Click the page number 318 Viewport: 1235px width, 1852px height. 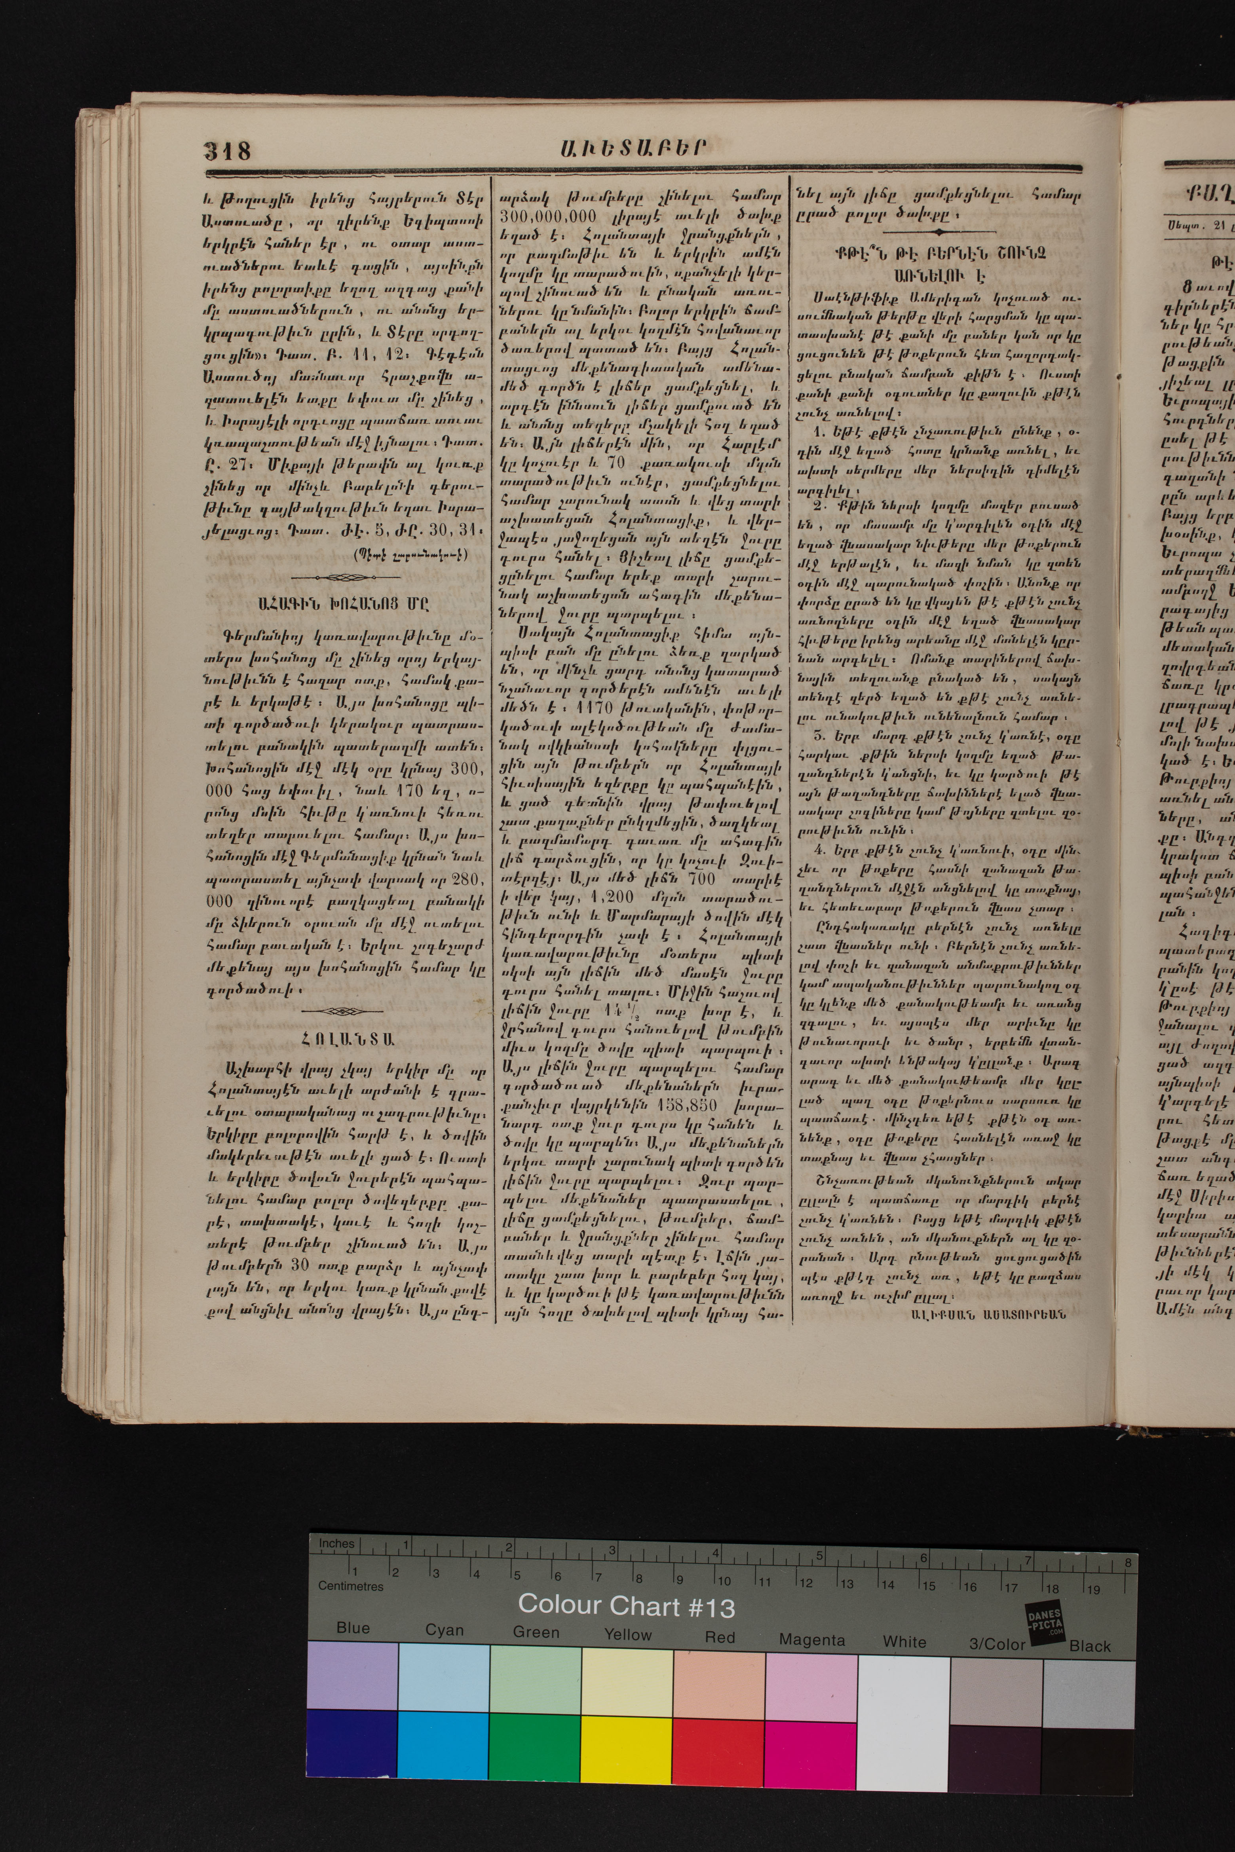228,150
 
